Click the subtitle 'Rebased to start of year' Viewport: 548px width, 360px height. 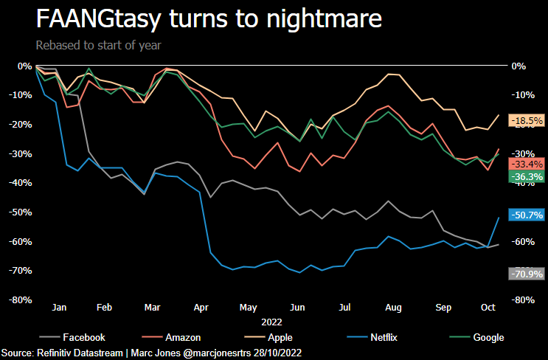pyautogui.click(x=98, y=44)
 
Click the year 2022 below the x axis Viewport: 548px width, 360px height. pyautogui.click(x=271, y=322)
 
